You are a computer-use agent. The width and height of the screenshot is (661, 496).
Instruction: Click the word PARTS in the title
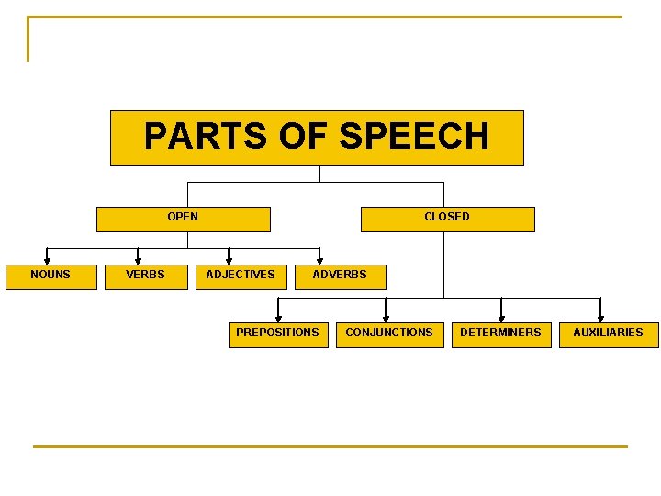click(x=189, y=136)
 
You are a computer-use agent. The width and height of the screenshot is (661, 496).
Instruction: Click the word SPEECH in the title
click(x=414, y=136)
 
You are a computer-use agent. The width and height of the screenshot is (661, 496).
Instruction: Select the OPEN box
click(x=184, y=218)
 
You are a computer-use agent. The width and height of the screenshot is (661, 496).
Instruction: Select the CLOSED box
click(x=447, y=218)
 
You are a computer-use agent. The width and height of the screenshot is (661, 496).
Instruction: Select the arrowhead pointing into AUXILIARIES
click(x=601, y=318)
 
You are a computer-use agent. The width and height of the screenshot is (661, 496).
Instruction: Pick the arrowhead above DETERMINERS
click(x=501, y=318)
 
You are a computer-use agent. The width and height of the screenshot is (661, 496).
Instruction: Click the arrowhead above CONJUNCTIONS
click(x=386, y=318)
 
